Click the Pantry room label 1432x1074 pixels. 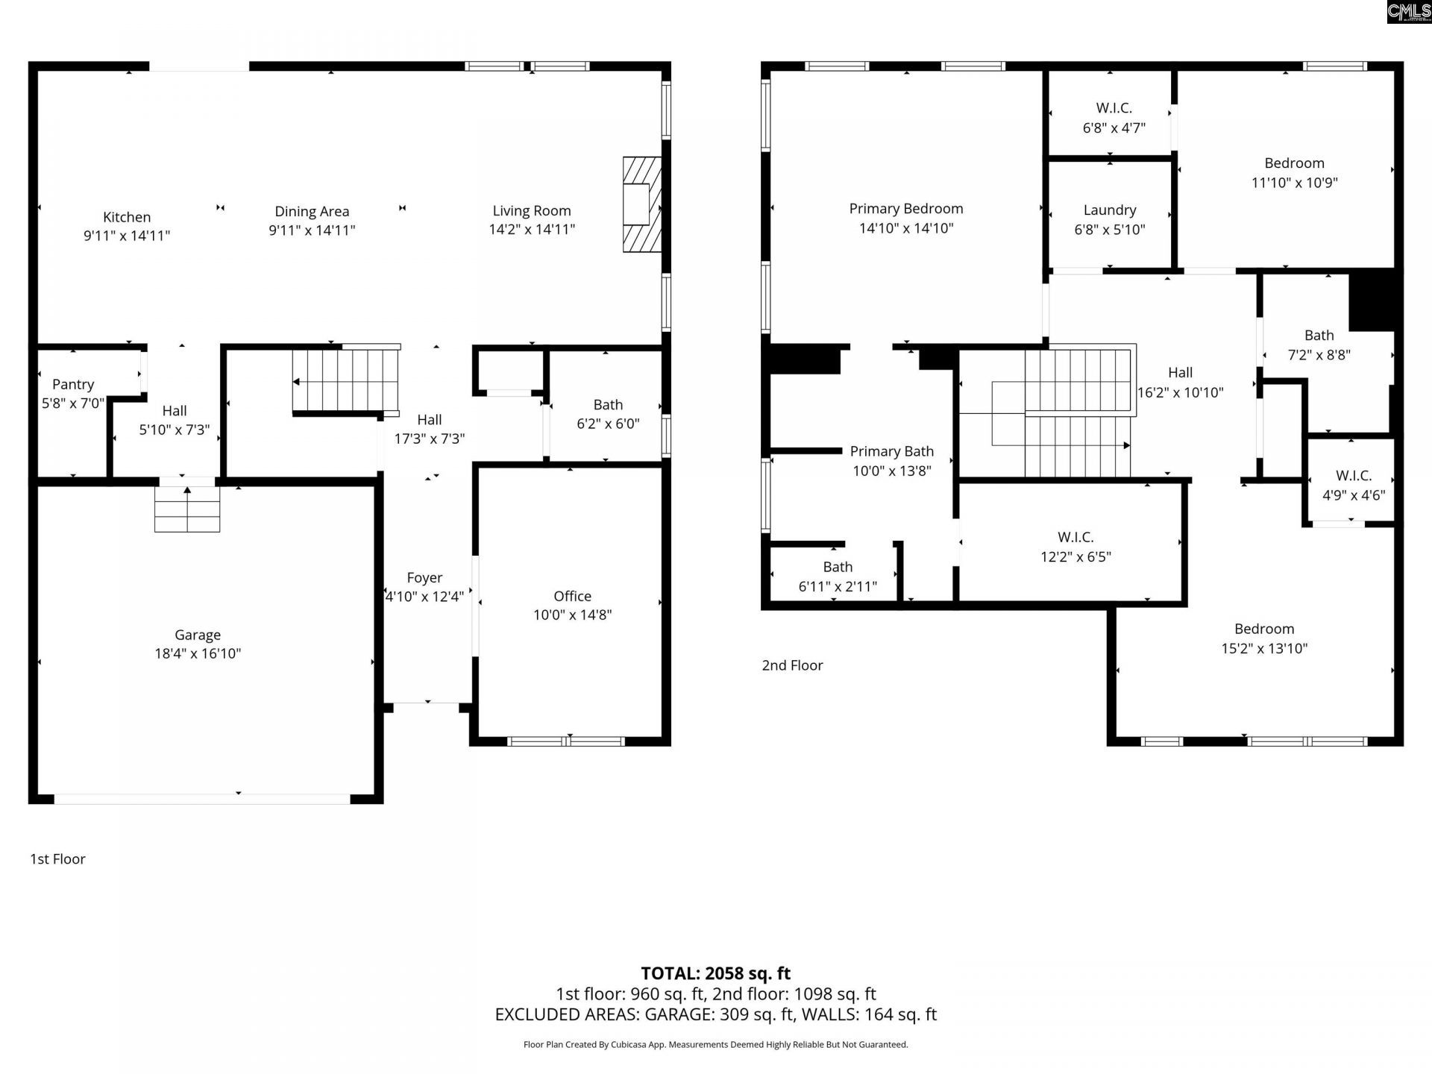coord(73,384)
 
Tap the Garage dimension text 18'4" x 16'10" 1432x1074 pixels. coord(198,653)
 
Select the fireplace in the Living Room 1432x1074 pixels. coord(641,204)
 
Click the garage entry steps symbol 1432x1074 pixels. coord(187,509)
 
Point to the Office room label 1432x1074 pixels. coord(572,596)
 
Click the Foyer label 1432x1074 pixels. coord(424,577)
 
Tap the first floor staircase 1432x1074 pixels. coord(345,381)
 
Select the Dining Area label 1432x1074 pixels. coord(312,211)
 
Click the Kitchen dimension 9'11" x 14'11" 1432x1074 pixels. coord(127,236)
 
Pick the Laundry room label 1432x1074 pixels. coord(1110,210)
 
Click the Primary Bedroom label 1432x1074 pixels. coord(906,209)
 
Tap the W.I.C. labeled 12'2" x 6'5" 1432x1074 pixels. coord(1075,547)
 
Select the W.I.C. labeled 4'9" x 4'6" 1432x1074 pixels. coord(1353,485)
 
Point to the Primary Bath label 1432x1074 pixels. coord(892,451)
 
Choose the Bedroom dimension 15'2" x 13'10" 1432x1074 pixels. coord(1264,648)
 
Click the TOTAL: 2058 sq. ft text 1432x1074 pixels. coord(715,973)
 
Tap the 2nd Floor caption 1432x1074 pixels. coord(792,665)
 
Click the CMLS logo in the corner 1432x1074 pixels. coord(1409,12)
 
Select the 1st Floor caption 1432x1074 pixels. coord(57,859)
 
